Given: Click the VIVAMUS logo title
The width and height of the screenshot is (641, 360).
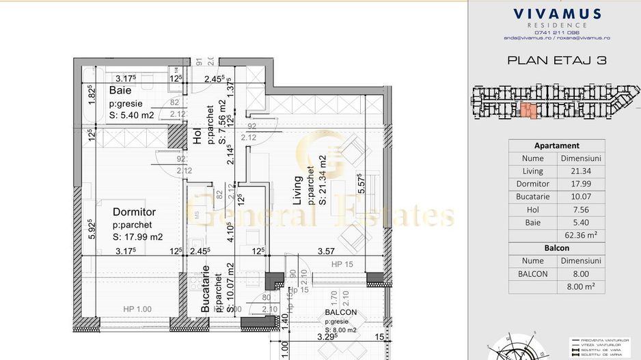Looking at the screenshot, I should coord(557,14).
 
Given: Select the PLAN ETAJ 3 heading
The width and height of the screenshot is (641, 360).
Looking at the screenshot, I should coord(557,60).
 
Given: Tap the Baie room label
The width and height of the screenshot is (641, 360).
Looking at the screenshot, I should coord(121,90).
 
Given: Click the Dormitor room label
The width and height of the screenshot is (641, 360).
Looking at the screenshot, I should coord(135,212).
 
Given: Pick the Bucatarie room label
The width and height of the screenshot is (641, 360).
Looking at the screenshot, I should coord(205,290).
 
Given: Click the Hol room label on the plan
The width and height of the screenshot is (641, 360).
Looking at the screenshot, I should coord(198,137).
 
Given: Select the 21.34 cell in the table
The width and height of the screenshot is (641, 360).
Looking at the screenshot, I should coord(580,171).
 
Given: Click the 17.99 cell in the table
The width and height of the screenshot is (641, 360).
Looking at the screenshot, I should coord(580,184).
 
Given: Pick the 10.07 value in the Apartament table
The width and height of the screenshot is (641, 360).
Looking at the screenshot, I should coord(580,197).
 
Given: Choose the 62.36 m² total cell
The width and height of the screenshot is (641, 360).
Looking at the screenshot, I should coord(580,236).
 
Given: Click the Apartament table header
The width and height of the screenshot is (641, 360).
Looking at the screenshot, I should coord(557,146).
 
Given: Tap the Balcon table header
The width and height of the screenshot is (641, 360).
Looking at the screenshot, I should coord(557,248).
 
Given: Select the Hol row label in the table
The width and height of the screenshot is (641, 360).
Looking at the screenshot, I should coord(532,210).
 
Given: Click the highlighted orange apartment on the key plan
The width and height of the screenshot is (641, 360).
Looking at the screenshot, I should coord(528,110).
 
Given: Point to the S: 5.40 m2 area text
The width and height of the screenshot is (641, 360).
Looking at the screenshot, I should coord(132,115).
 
